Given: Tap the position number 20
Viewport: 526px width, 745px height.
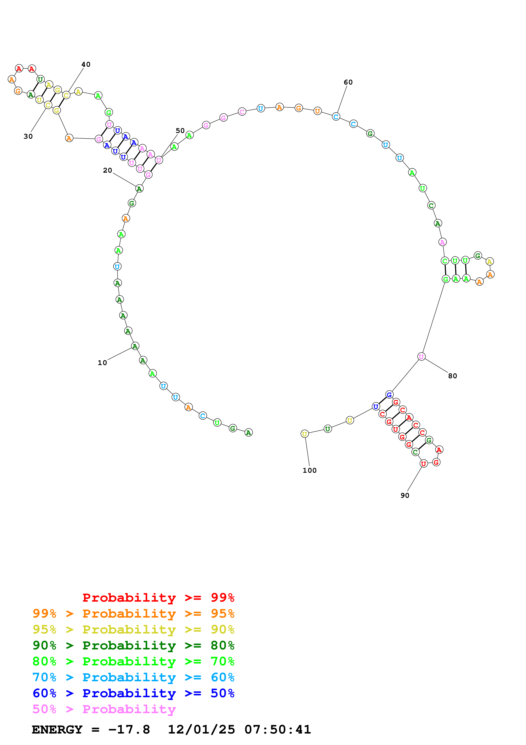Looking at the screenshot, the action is [x=107, y=170].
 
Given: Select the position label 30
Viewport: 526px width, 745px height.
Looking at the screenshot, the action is [x=28, y=136].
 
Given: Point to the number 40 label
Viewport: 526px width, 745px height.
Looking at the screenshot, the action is [x=86, y=64].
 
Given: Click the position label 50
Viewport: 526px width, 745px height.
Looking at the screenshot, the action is [x=180, y=130].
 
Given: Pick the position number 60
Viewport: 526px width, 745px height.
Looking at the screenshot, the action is [x=348, y=82].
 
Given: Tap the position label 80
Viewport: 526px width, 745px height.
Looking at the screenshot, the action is [x=452, y=376].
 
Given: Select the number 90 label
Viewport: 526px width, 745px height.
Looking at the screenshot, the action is [x=405, y=495].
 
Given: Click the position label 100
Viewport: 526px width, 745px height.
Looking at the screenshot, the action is [x=310, y=470].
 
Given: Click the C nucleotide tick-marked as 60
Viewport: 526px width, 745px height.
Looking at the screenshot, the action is [x=336, y=117].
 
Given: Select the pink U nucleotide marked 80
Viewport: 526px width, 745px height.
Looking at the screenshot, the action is [x=421, y=357].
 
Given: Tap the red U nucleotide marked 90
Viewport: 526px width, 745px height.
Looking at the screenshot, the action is [x=423, y=464].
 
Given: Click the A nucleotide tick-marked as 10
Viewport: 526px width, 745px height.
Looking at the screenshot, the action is [x=135, y=346].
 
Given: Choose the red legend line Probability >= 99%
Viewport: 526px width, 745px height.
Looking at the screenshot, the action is [x=158, y=597].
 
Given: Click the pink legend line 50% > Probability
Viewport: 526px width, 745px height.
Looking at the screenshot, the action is [x=104, y=709].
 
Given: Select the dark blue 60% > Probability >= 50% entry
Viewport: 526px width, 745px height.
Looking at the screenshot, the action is [x=133, y=693].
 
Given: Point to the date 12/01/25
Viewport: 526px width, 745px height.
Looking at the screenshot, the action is [x=201, y=729].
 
